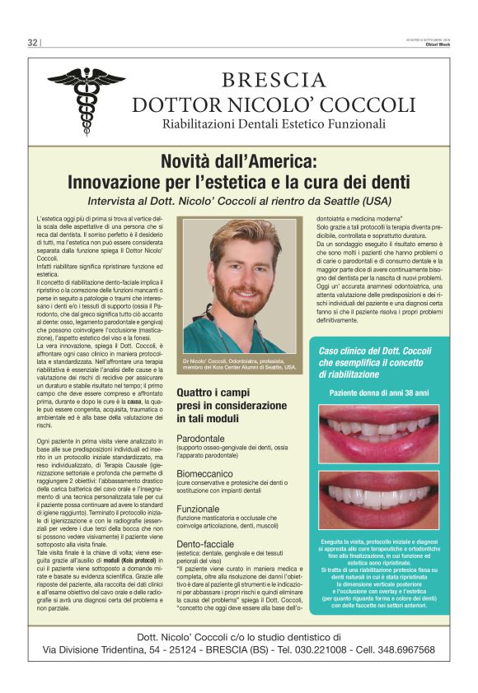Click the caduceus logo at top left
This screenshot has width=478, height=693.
[x=85, y=100]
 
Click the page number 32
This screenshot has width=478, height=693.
[x=33, y=43]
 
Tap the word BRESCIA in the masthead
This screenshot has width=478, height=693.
[x=274, y=80]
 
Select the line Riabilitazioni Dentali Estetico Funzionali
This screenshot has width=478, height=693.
[x=274, y=124]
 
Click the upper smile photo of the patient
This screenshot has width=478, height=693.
[x=378, y=433]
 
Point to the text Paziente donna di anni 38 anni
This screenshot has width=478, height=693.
[x=379, y=394]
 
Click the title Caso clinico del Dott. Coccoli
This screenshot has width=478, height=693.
[x=375, y=351]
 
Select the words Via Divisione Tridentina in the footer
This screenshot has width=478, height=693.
[x=111, y=649]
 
